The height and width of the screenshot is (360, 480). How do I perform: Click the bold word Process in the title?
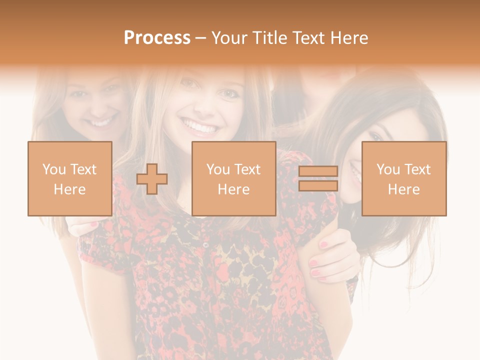(157, 38)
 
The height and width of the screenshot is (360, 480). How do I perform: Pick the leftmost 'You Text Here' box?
(69, 178)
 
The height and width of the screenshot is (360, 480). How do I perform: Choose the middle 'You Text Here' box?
(233, 178)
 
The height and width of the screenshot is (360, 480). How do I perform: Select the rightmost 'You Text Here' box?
(403, 178)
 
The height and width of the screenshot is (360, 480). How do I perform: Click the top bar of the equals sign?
(318, 171)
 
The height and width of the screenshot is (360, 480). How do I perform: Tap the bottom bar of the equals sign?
(318, 186)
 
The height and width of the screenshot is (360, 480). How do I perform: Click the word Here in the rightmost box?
(403, 189)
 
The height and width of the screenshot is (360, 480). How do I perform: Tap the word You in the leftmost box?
(53, 169)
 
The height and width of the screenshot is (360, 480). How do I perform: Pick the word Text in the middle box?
(247, 169)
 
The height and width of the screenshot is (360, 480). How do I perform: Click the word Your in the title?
(228, 38)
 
